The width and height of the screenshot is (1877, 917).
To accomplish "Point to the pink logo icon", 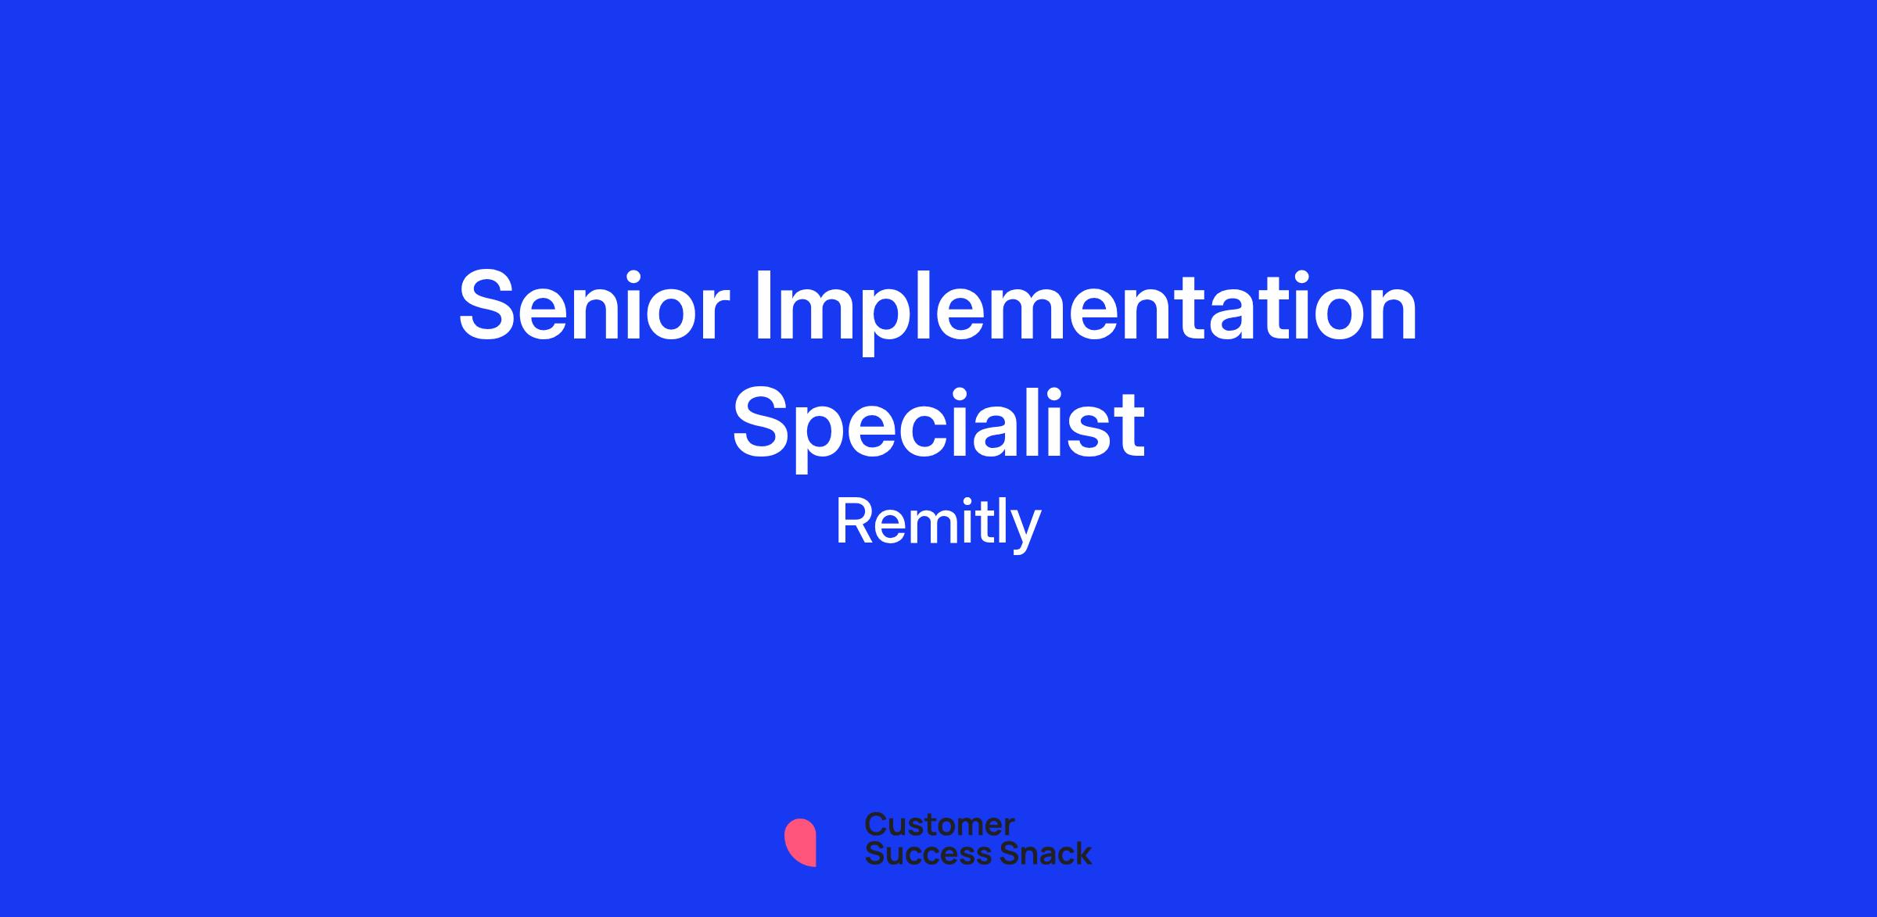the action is coord(800,843).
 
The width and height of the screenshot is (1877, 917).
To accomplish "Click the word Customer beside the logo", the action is coord(939,824).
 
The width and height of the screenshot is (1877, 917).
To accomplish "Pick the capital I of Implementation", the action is coord(761,306).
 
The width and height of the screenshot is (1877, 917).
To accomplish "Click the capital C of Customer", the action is coord(877,824).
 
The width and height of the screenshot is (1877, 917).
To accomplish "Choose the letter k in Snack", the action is coord(1082,853).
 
